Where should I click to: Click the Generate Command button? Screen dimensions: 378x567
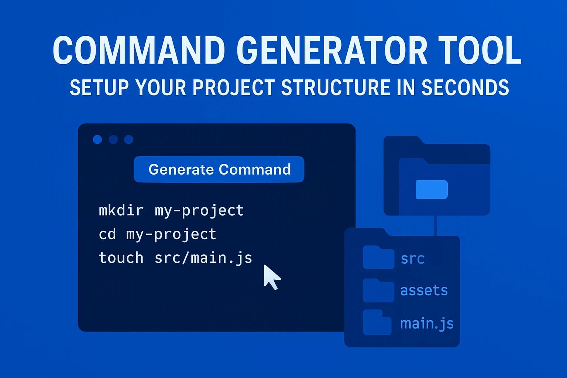[x=219, y=169]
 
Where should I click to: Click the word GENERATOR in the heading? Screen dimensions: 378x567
[x=331, y=51]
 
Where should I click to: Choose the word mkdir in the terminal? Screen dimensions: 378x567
[x=121, y=210]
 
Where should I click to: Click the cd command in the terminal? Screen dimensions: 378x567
[x=107, y=234]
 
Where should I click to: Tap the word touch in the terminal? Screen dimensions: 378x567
[x=121, y=258]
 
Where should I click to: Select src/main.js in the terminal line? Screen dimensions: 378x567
[x=203, y=258]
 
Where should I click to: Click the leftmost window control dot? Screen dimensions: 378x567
[x=97, y=140]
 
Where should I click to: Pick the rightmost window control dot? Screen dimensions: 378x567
[x=128, y=140]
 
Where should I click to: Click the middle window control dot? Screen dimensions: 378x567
[x=113, y=140]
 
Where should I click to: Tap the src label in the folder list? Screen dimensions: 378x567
[x=412, y=259]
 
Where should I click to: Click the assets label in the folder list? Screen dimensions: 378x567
[x=424, y=291]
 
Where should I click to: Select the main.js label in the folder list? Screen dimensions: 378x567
[x=427, y=323]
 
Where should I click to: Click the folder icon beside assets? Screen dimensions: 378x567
[x=378, y=290]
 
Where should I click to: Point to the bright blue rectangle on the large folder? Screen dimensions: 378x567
[x=432, y=189]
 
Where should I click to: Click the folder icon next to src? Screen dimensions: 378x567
[x=378, y=257]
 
